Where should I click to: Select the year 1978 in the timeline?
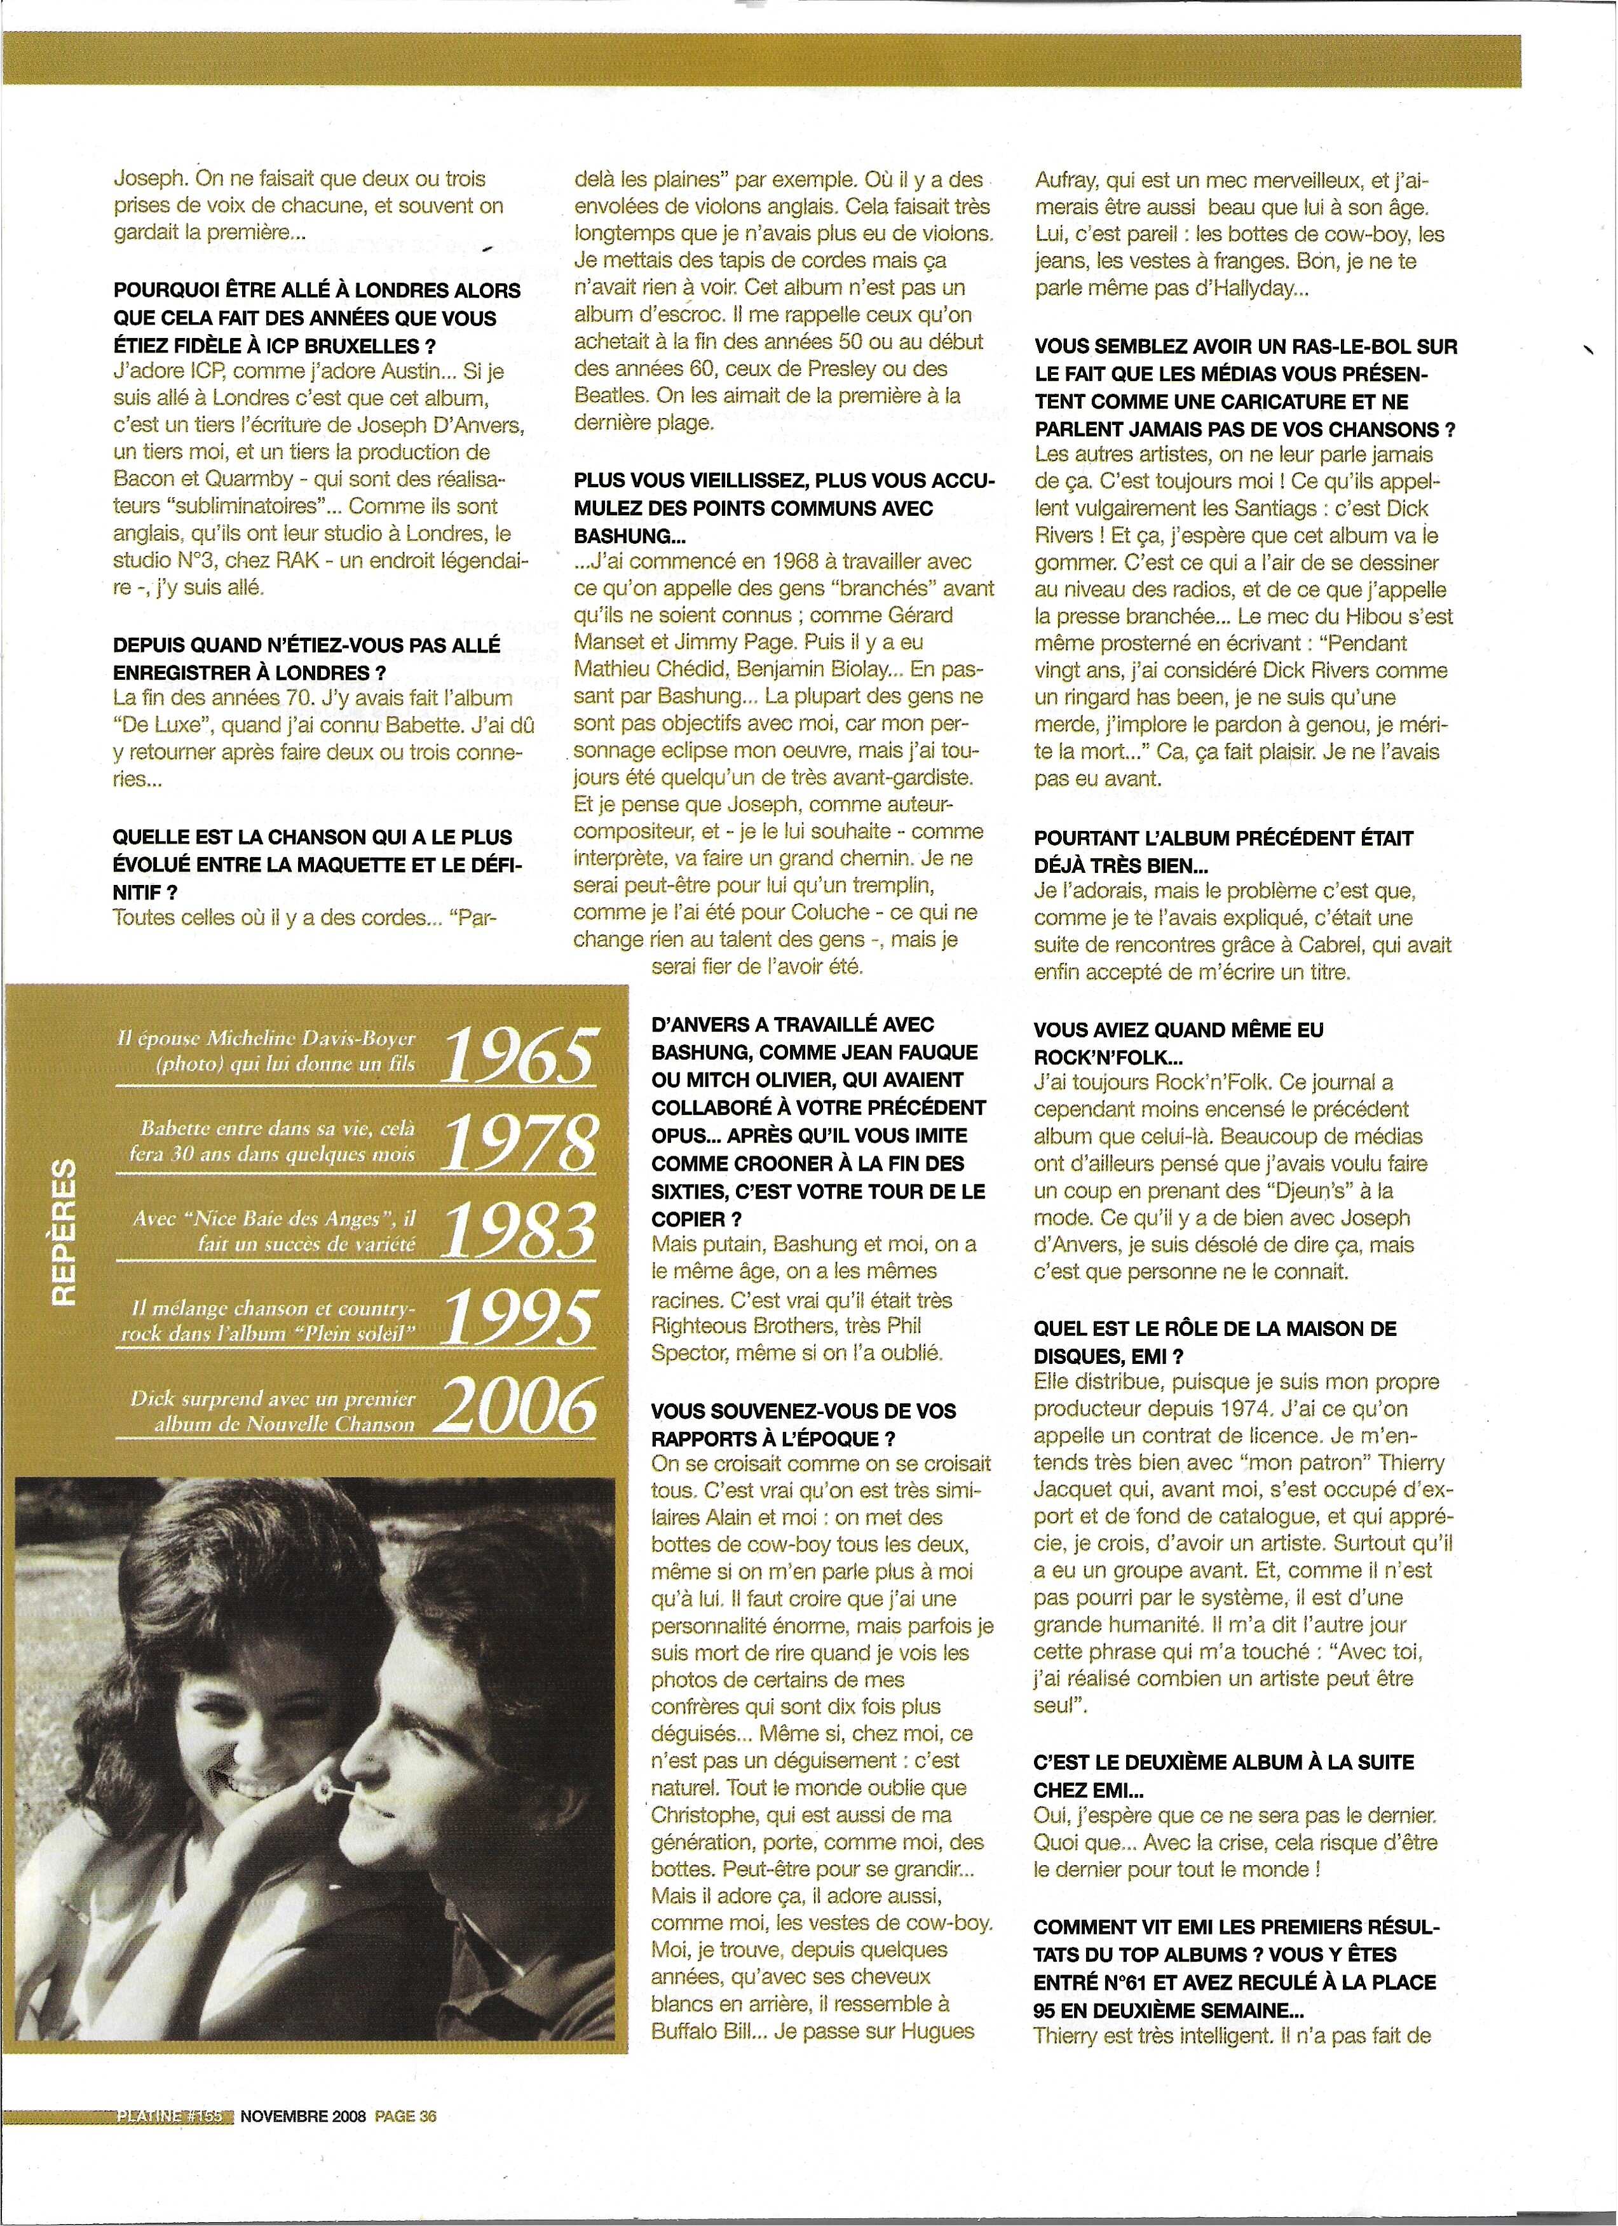[520, 1142]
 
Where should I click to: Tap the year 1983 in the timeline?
[520, 1229]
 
